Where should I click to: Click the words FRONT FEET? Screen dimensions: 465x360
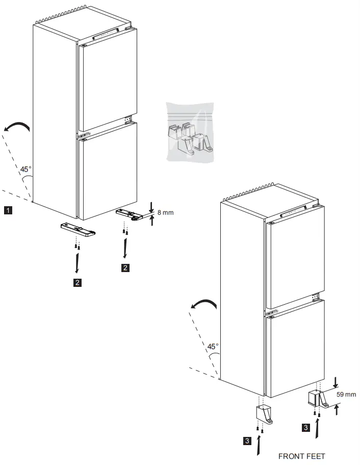301,456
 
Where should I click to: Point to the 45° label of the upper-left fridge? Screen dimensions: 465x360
26,169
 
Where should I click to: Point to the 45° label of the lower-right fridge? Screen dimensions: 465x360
213,347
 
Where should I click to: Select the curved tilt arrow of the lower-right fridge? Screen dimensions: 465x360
204,304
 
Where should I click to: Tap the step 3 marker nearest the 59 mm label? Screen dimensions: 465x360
305,428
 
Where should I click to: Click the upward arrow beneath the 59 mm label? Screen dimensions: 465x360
336,409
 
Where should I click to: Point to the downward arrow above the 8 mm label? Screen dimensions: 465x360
152,206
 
